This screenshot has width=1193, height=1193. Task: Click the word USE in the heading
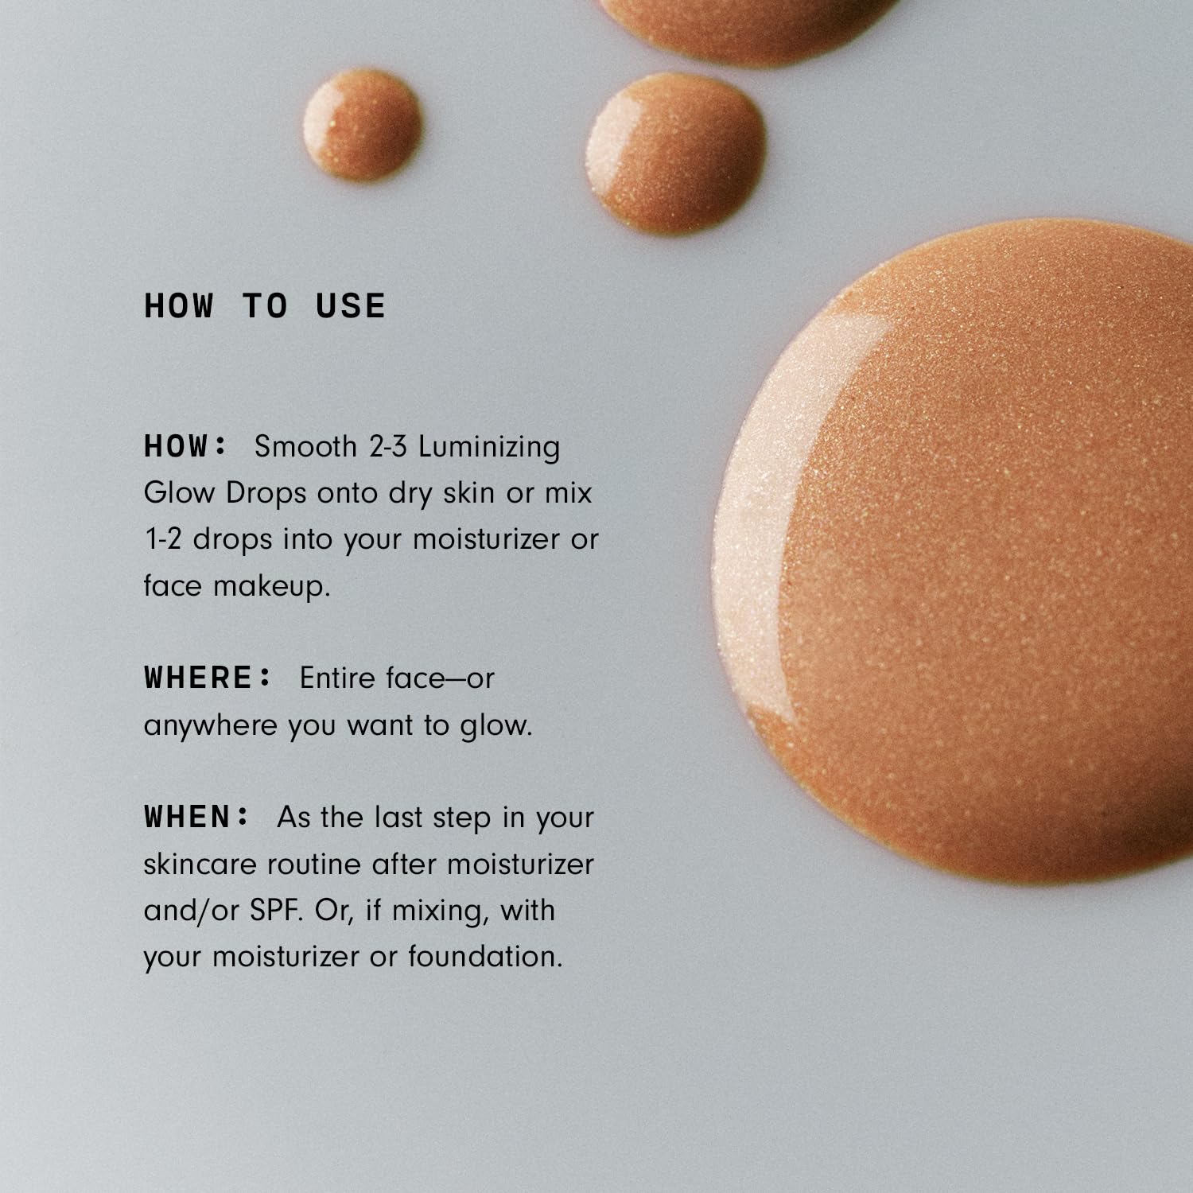(350, 306)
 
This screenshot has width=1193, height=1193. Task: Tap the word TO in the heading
(265, 306)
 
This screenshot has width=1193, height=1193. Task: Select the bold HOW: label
(185, 446)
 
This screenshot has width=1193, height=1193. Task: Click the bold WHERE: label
(208, 678)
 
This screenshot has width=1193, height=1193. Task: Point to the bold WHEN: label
(196, 817)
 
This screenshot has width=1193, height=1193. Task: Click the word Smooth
(305, 446)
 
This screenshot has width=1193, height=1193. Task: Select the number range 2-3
(388, 446)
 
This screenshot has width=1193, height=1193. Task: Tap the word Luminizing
(489, 448)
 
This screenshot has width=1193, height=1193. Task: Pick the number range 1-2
(163, 539)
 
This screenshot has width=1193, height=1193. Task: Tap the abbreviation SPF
(276, 910)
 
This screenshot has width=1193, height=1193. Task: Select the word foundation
(485, 956)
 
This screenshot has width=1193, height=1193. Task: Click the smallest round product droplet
(363, 123)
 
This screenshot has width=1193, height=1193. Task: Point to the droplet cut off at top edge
(748, 24)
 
